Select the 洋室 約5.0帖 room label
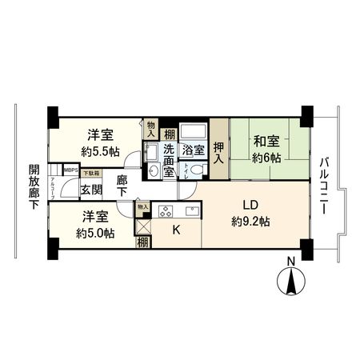[x=94, y=225]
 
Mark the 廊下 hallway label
[x=122, y=187]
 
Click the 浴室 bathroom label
[x=192, y=150]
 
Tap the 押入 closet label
[x=218, y=152]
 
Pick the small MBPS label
[x=70, y=170]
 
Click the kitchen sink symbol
[x=193, y=211]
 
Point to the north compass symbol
[x=291, y=282]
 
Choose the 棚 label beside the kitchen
[x=142, y=242]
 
